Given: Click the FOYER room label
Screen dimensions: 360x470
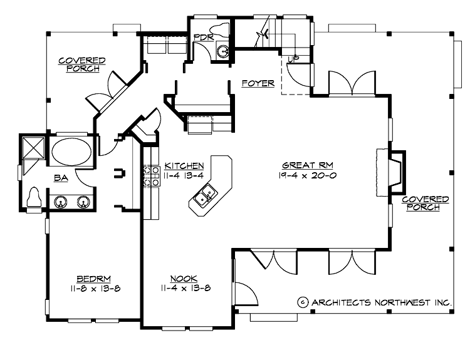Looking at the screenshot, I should (258, 83).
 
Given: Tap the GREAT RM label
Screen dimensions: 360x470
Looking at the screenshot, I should (308, 165).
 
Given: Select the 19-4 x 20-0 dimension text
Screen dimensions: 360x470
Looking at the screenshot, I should (308, 176).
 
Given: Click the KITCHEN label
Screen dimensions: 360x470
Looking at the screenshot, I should (184, 166).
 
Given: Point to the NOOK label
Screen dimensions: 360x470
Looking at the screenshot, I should (184, 279).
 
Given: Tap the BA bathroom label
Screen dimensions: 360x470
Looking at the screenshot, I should (61, 178).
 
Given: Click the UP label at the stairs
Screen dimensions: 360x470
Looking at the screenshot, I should (292, 59).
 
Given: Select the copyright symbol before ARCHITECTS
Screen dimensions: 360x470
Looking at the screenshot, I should (302, 302).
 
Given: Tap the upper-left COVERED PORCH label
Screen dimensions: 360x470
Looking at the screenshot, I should (81, 64).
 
